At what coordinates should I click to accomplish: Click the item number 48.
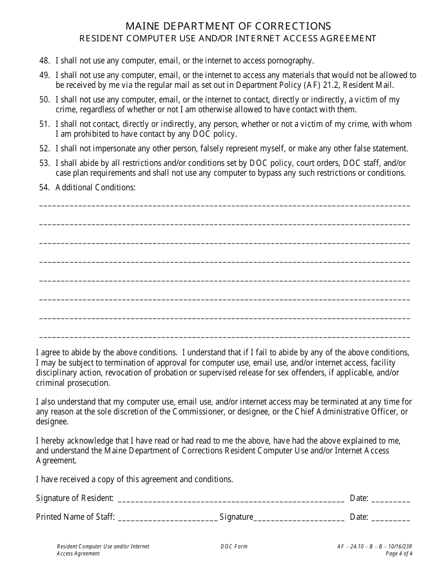[45, 61]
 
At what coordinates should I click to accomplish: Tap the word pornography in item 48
[291, 61]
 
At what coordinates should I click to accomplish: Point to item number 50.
[45, 100]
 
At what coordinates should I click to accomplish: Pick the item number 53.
[45, 163]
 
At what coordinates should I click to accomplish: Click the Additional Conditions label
[95, 187]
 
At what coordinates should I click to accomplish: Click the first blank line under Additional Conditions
[224, 206]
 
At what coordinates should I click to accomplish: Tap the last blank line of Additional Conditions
[224, 337]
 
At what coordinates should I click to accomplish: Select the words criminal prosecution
[73, 383]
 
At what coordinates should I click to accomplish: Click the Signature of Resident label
[75, 498]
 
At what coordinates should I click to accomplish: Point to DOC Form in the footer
[234, 547]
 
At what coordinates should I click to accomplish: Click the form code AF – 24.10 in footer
[350, 547]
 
